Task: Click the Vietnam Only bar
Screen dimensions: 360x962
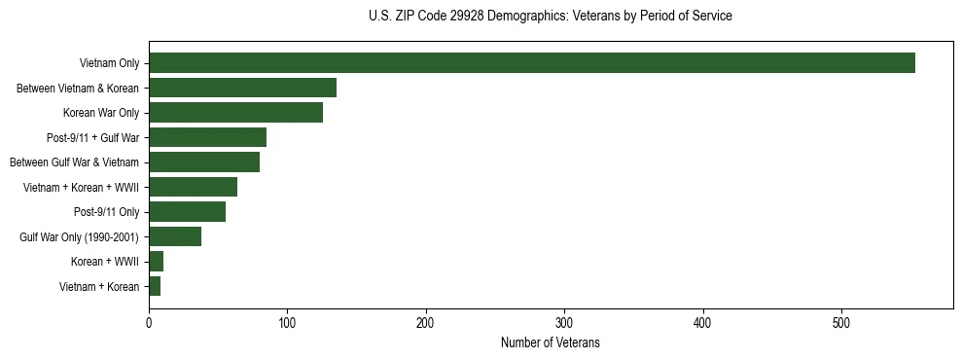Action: [x=532, y=63]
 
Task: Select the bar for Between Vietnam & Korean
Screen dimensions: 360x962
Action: [x=242, y=88]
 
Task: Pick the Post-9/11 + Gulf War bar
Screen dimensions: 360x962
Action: [x=207, y=137]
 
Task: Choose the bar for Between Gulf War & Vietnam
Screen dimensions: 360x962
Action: [x=204, y=162]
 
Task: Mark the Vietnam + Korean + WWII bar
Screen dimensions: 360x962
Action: [x=193, y=187]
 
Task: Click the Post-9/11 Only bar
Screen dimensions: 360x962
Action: [x=187, y=212]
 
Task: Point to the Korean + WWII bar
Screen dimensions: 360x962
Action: [x=156, y=262]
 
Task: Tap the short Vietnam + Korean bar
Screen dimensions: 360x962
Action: [x=155, y=286]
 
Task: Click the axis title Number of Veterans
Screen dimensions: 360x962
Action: [x=551, y=343]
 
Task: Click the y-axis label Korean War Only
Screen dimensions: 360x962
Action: [x=101, y=113]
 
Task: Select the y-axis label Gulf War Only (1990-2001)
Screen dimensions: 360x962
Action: [x=79, y=236]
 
